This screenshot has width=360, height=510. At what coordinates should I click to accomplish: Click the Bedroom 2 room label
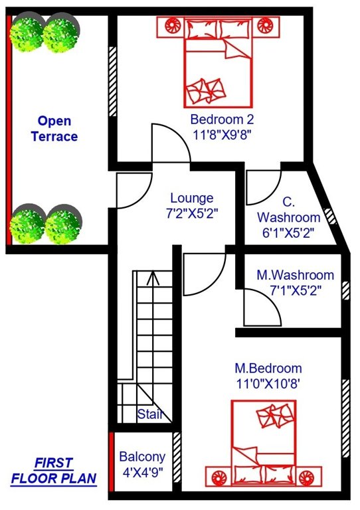tap(221, 120)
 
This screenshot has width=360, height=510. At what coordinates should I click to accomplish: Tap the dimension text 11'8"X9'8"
tap(221, 134)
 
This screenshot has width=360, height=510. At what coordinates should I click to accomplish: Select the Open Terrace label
tap(58, 129)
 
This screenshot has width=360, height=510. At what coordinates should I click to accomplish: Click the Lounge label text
tap(192, 198)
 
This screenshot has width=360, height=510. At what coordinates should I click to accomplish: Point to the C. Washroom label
tap(288, 210)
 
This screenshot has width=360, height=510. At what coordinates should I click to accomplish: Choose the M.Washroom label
tap(296, 275)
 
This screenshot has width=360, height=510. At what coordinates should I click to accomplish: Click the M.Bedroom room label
tap(268, 368)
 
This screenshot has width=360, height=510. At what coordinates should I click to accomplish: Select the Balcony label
tap(142, 458)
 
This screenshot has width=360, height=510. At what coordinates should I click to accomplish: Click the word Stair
tap(150, 415)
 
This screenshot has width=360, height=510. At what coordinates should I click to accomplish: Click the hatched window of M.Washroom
tap(345, 290)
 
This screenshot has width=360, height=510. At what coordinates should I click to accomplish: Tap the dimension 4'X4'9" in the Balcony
tap(142, 473)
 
